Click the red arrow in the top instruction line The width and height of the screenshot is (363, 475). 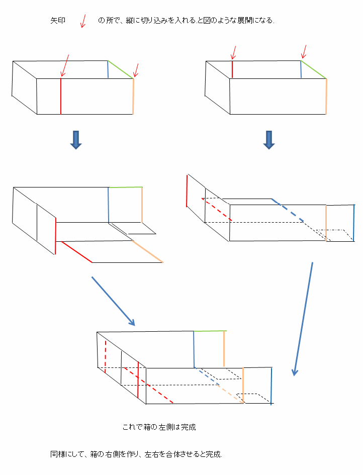pos(83,20)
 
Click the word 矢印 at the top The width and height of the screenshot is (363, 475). pos(58,21)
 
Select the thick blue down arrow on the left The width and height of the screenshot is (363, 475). pos(76,140)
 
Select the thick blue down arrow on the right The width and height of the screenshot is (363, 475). pos(269,140)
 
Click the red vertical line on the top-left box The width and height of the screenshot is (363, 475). pos(61,96)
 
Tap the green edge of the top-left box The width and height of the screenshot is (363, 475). pos(121,69)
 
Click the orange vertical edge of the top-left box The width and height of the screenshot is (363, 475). pos(133,96)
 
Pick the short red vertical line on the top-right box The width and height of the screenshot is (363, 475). pos(232,69)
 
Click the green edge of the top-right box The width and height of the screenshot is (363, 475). pos(314,69)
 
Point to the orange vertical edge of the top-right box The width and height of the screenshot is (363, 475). pos(326,96)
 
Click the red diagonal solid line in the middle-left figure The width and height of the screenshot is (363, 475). pos(76,252)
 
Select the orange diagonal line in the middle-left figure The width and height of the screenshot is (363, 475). pos(148,251)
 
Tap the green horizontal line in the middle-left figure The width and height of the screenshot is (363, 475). pos(125,187)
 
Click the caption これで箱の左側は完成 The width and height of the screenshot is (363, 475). pos(159,428)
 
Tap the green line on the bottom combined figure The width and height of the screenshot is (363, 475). pos(210,331)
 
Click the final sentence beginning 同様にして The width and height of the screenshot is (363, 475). pos(136,454)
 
